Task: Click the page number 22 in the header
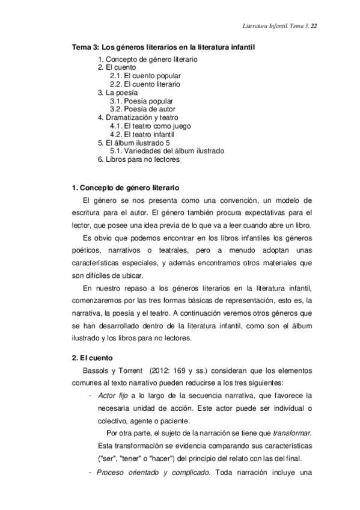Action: click(314, 26)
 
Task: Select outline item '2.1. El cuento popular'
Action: click(145, 76)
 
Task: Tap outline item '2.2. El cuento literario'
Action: click(145, 85)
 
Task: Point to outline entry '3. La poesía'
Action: click(117, 93)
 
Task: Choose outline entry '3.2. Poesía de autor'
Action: click(141, 109)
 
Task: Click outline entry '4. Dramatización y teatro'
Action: click(138, 118)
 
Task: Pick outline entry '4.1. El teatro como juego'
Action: click(150, 126)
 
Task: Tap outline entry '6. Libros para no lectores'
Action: click(138, 159)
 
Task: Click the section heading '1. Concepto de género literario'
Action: click(125, 188)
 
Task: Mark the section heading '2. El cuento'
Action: click(88, 357)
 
